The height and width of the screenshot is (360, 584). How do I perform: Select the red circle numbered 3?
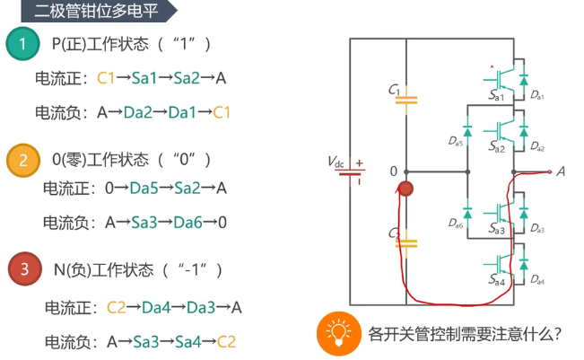click(x=24, y=268)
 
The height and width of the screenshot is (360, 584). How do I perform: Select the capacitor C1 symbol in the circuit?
click(x=406, y=99)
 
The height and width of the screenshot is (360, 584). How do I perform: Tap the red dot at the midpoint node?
click(x=405, y=189)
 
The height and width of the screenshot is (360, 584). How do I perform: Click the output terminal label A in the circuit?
click(x=561, y=171)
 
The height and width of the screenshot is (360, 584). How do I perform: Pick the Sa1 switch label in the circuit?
click(x=497, y=94)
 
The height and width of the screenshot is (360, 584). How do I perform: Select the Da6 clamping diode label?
click(x=454, y=223)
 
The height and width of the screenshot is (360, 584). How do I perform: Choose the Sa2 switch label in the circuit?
click(x=497, y=145)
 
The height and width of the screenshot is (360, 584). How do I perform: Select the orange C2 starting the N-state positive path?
click(x=117, y=307)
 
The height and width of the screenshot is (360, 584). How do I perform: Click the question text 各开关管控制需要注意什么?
click(x=465, y=334)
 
